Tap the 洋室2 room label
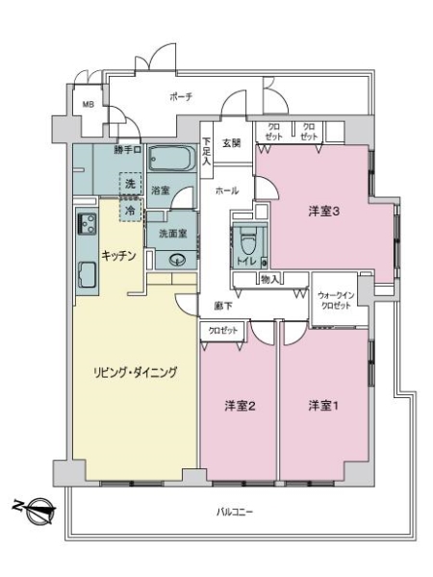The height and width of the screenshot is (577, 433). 239,405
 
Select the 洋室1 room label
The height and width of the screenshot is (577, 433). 322,405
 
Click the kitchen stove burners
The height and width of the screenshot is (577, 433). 86,227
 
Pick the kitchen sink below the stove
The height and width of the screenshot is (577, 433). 85,277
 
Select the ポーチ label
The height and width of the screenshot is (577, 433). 181,97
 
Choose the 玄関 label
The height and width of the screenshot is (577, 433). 232,143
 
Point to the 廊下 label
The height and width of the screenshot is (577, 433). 220,307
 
